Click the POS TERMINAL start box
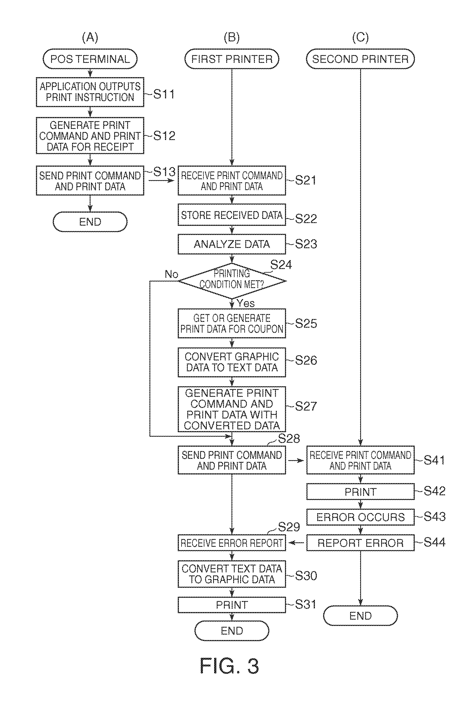pos(90,59)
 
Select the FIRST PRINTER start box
pos(231,59)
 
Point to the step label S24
pos(281,265)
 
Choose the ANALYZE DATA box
pos(231,244)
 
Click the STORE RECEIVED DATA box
pos(231,215)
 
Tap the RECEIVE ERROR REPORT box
pos(231,542)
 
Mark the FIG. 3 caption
pos(229,666)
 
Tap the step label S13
pos(164,172)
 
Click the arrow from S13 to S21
pos(161,180)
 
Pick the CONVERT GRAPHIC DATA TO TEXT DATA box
pos(231,362)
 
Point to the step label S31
pos(306,604)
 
